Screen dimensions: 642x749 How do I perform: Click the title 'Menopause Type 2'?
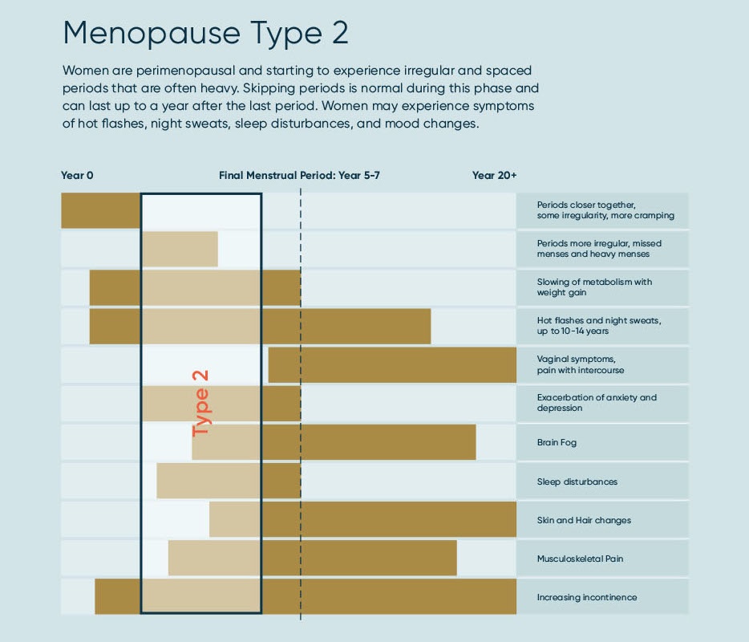[205, 33]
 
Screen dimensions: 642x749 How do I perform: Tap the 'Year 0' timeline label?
[77, 175]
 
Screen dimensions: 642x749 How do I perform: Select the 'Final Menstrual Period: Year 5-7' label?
[299, 175]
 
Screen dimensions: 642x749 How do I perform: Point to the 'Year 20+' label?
[494, 175]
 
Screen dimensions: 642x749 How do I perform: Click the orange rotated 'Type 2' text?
[200, 403]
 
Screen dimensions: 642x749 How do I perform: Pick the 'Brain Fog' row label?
[557, 442]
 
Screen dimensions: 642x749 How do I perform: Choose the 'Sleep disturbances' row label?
[577, 481]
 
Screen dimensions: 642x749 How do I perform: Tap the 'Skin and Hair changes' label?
[584, 520]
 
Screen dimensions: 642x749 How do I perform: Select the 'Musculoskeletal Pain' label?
[580, 559]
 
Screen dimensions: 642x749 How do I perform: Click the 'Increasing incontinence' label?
[587, 597]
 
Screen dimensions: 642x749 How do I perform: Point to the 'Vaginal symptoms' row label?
[580, 364]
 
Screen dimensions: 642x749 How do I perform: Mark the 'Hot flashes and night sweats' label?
[599, 325]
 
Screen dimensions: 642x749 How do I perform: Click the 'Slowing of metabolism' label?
[594, 287]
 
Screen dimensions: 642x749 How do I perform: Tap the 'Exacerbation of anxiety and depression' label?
[597, 403]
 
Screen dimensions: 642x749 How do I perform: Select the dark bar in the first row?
[101, 210]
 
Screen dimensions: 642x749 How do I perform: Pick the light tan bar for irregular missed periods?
[180, 249]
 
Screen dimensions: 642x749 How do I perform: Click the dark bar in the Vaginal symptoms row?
[392, 364]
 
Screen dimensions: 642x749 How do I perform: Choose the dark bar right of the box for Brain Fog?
[369, 442]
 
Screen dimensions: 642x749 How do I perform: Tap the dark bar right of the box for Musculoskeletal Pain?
[359, 558]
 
